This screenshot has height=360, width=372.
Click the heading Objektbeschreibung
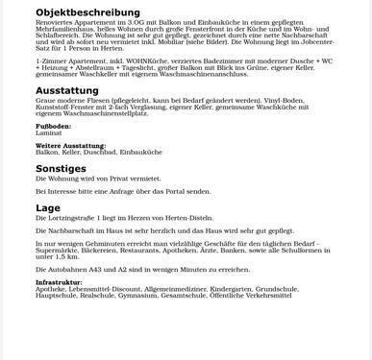coord(87,12)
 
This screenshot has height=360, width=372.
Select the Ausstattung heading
coord(67,90)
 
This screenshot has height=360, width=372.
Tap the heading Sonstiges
coord(61,168)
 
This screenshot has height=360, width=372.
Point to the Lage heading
coord(48,207)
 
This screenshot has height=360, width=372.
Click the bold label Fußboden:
coord(53,126)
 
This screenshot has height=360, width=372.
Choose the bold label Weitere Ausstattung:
coord(70,146)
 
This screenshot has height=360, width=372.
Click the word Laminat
coord(48,132)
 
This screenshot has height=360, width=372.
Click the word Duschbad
coord(101,153)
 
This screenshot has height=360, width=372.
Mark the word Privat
coord(122,179)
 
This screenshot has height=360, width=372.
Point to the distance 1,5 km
coord(67,257)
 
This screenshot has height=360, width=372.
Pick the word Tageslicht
coord(144,67)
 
